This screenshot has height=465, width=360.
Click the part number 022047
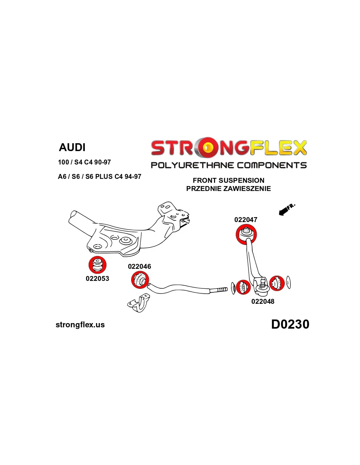[246, 220]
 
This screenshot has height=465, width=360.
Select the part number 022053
[97, 279]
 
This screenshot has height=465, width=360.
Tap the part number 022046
[139, 267]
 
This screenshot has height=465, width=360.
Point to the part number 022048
[263, 301]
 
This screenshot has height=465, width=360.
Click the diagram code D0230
[290, 324]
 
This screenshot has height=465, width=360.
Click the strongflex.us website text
[80, 325]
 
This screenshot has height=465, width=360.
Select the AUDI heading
[72, 147]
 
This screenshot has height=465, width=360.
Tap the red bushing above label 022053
[98, 265]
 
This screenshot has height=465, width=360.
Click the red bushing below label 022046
[140, 280]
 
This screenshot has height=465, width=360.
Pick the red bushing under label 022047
[246, 234]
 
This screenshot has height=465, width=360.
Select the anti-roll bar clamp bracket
[139, 303]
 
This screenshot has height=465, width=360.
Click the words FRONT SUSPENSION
[228, 181]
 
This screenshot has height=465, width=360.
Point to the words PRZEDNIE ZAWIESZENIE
[228, 189]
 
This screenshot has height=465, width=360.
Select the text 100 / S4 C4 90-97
[84, 162]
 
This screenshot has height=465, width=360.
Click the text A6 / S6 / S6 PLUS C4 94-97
[99, 177]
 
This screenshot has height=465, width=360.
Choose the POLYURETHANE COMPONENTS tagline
[228, 165]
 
